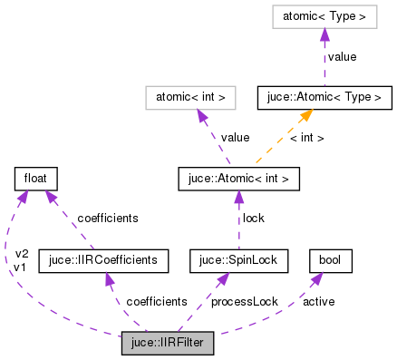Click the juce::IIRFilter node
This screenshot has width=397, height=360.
pos(168,344)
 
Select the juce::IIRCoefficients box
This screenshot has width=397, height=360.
pos(103,261)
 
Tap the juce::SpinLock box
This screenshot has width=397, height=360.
pos(238,261)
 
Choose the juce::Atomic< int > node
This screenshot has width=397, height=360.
pos(238,179)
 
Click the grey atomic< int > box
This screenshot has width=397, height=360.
pos(191,96)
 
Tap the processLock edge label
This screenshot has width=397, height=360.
pos(245,301)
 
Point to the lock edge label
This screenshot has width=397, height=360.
pos(252,219)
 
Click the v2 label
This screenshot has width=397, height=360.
pos(23,253)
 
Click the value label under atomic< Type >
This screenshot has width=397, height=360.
pos(341,55)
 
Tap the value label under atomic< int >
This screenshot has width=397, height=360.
pos(235,137)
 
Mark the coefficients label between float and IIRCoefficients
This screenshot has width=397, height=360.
pos(108,219)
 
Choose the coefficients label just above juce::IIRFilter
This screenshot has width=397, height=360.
pos(157,301)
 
